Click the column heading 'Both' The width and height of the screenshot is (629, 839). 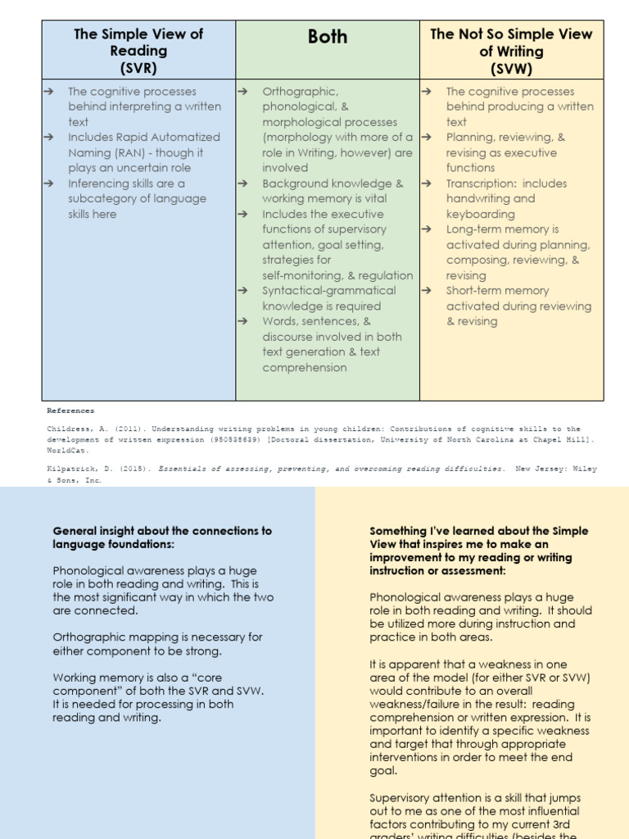[x=328, y=37]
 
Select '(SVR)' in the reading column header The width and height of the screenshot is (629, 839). [x=138, y=67]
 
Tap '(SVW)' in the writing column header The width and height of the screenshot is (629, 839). [x=511, y=67]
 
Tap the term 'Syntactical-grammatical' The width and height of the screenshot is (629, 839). [x=328, y=291]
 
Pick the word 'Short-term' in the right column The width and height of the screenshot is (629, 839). [x=475, y=291]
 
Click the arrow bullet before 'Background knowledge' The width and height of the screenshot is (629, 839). [x=242, y=184]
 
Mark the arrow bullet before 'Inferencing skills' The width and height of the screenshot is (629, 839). [x=48, y=184]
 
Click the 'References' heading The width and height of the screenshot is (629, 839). [x=70, y=410]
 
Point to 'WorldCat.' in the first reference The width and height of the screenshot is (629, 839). [x=66, y=450]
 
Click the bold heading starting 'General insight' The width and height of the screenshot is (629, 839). [x=161, y=537]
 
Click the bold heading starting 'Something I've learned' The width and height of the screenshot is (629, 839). [x=478, y=551]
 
